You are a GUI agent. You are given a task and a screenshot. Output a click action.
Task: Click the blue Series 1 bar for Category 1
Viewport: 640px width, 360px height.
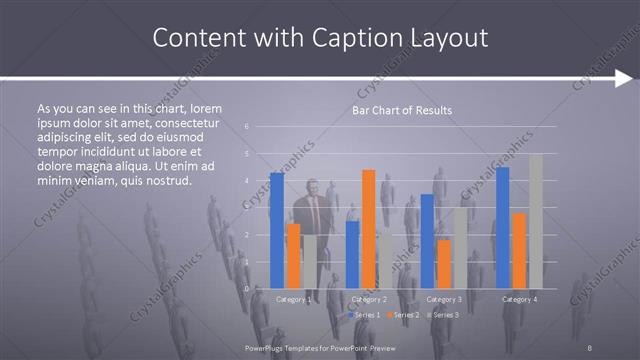(x=277, y=230)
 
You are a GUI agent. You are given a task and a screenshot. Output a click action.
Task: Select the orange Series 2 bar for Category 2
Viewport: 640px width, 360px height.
(x=368, y=229)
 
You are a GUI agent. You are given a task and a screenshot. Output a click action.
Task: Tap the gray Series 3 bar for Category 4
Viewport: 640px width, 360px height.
(x=535, y=221)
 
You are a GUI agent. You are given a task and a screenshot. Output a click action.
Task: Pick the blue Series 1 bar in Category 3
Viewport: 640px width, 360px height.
(x=427, y=241)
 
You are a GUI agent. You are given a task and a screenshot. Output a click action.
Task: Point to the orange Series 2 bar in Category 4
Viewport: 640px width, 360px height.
(x=519, y=250)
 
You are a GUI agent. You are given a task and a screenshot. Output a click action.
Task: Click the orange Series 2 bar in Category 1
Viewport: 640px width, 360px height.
(x=293, y=256)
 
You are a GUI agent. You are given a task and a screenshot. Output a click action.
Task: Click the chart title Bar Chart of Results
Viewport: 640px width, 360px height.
(x=401, y=110)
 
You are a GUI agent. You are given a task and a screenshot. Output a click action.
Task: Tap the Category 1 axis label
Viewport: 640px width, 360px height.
(x=293, y=299)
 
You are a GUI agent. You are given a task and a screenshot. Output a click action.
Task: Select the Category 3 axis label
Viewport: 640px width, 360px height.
(x=443, y=299)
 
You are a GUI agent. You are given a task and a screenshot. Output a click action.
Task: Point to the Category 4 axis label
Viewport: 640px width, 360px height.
(x=519, y=299)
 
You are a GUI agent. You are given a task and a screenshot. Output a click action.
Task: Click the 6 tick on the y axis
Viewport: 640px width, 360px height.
(x=247, y=126)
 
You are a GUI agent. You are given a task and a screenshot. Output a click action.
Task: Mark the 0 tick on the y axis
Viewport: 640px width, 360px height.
(x=247, y=288)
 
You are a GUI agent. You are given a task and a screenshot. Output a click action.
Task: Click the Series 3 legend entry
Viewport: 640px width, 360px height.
(x=444, y=315)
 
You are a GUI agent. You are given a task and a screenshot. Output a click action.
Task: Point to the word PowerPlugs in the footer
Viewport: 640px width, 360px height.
(x=264, y=347)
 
